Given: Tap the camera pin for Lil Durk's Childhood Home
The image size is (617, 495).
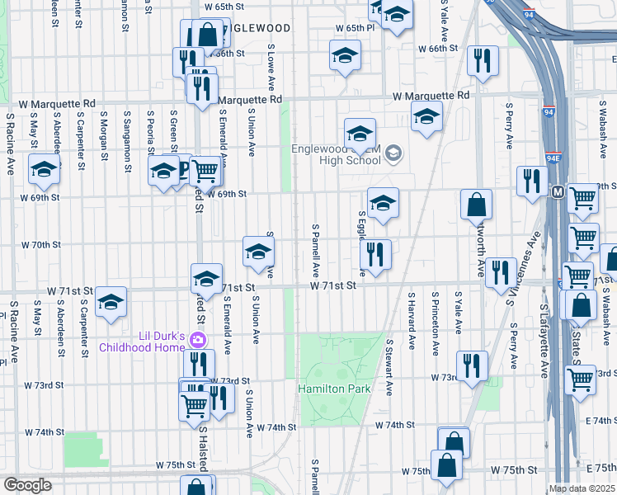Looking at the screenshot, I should [197, 339].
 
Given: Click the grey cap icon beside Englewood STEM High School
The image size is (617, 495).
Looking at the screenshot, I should [394, 152].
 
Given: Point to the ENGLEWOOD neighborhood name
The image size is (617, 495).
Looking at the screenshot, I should [257, 28].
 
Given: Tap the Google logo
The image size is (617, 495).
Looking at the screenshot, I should [27, 485].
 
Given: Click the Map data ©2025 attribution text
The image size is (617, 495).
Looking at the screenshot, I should [582, 488].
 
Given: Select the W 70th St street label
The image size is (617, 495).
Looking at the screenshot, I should [41, 245].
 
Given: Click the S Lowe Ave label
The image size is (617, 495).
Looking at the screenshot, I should [269, 67].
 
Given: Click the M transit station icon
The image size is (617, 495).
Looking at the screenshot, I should [558, 192].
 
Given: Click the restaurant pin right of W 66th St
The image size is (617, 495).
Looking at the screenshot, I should [480, 59].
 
